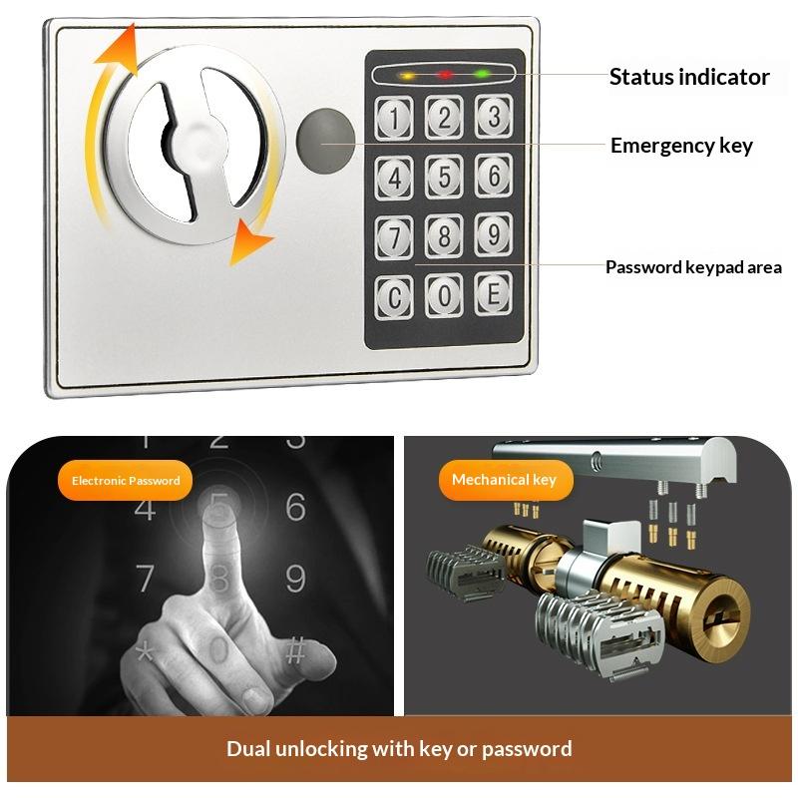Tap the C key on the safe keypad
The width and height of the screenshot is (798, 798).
click(x=394, y=297)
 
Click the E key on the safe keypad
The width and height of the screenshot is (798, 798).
click(x=493, y=293)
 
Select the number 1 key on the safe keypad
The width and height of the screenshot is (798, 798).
click(x=394, y=118)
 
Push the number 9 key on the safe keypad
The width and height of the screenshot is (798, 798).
click(x=493, y=234)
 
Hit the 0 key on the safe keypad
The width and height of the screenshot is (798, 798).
click(x=444, y=295)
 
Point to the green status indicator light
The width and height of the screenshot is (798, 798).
click(x=482, y=74)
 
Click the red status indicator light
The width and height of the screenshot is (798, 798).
click(x=445, y=76)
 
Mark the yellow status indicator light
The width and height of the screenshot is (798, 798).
click(x=408, y=77)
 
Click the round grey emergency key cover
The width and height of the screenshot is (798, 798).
click(x=326, y=141)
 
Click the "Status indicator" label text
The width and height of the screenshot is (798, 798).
click(x=689, y=77)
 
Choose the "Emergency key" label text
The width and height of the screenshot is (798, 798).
click(x=681, y=146)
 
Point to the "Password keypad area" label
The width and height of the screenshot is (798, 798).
click(x=693, y=267)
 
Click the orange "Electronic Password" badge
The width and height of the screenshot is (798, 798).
click(x=126, y=481)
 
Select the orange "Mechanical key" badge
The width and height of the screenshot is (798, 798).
click(x=506, y=480)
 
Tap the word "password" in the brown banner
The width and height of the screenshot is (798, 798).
click(x=527, y=749)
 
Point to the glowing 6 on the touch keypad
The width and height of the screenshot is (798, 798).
click(x=296, y=507)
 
